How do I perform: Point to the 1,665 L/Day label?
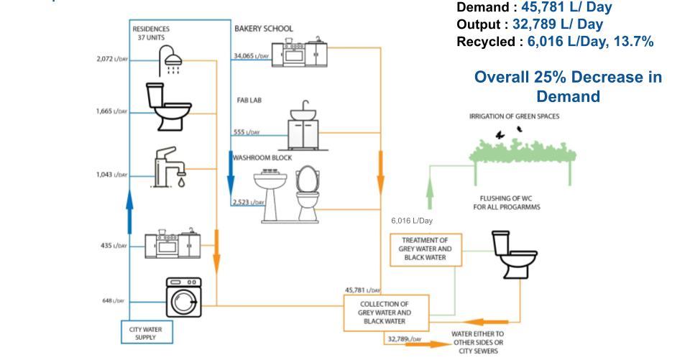pyautogui.click(x=111, y=111)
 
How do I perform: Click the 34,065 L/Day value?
pyautogui.click(x=251, y=56)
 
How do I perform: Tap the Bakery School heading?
pyautogui.click(x=263, y=29)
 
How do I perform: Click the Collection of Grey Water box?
pyautogui.click(x=385, y=313)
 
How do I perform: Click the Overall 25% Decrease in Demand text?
pyautogui.click(x=568, y=86)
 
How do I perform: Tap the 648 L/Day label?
pyautogui.click(x=114, y=300)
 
